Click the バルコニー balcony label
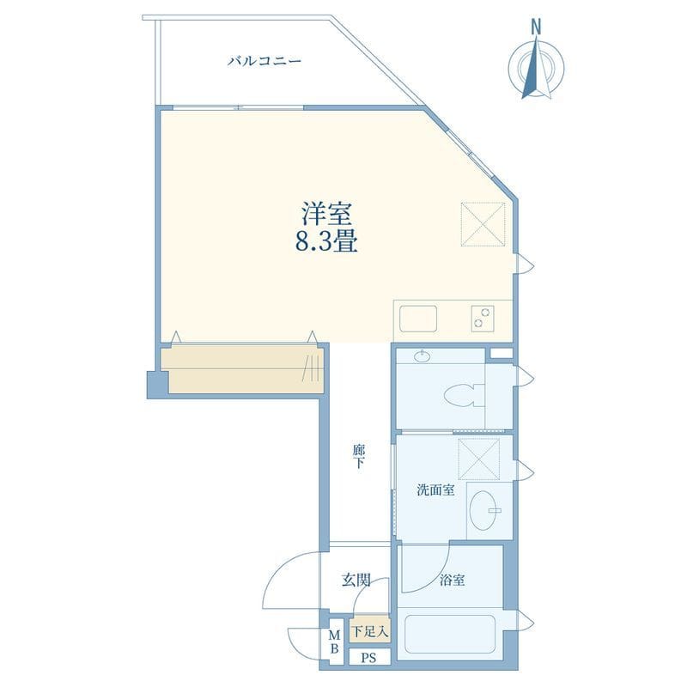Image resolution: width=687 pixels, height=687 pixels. pyautogui.click(x=264, y=61)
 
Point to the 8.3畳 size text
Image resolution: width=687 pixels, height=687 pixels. pyautogui.click(x=327, y=241)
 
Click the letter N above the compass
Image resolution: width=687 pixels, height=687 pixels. pyautogui.click(x=536, y=27)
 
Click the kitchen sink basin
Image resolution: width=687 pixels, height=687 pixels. pyautogui.click(x=418, y=319)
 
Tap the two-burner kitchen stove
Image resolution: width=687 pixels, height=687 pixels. pyautogui.click(x=483, y=318)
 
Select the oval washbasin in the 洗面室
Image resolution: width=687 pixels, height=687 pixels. pyautogui.click(x=485, y=510)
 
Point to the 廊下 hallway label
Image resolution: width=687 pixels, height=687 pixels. pyautogui.click(x=359, y=456)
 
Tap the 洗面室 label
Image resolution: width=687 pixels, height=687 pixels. pyautogui.click(x=435, y=489)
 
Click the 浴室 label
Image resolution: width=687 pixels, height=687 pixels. pyautogui.click(x=453, y=581)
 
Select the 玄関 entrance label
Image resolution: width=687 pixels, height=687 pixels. pyautogui.click(x=356, y=581)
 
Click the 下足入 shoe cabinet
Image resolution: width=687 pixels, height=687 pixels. pyautogui.click(x=370, y=631)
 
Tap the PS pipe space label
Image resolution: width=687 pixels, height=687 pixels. pyautogui.click(x=369, y=659)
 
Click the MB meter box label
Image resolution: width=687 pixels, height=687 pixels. pyautogui.click(x=334, y=641)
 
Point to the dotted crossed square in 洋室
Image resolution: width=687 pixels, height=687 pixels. pyautogui.click(x=483, y=224)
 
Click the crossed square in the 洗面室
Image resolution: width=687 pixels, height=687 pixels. pyautogui.click(x=479, y=459)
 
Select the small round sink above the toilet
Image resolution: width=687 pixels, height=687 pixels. pyautogui.click(x=422, y=356)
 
